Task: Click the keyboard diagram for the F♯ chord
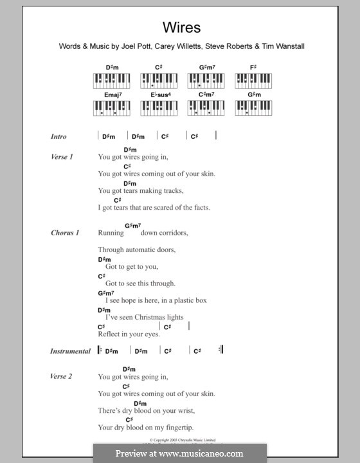tap(252, 80)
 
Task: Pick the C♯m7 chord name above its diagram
tap(205, 95)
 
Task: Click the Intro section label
tap(59, 136)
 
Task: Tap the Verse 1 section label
tap(62, 157)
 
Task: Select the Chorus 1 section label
tap(65, 233)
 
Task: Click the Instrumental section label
tap(71, 351)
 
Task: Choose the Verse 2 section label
tap(62, 376)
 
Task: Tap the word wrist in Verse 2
tap(185, 410)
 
